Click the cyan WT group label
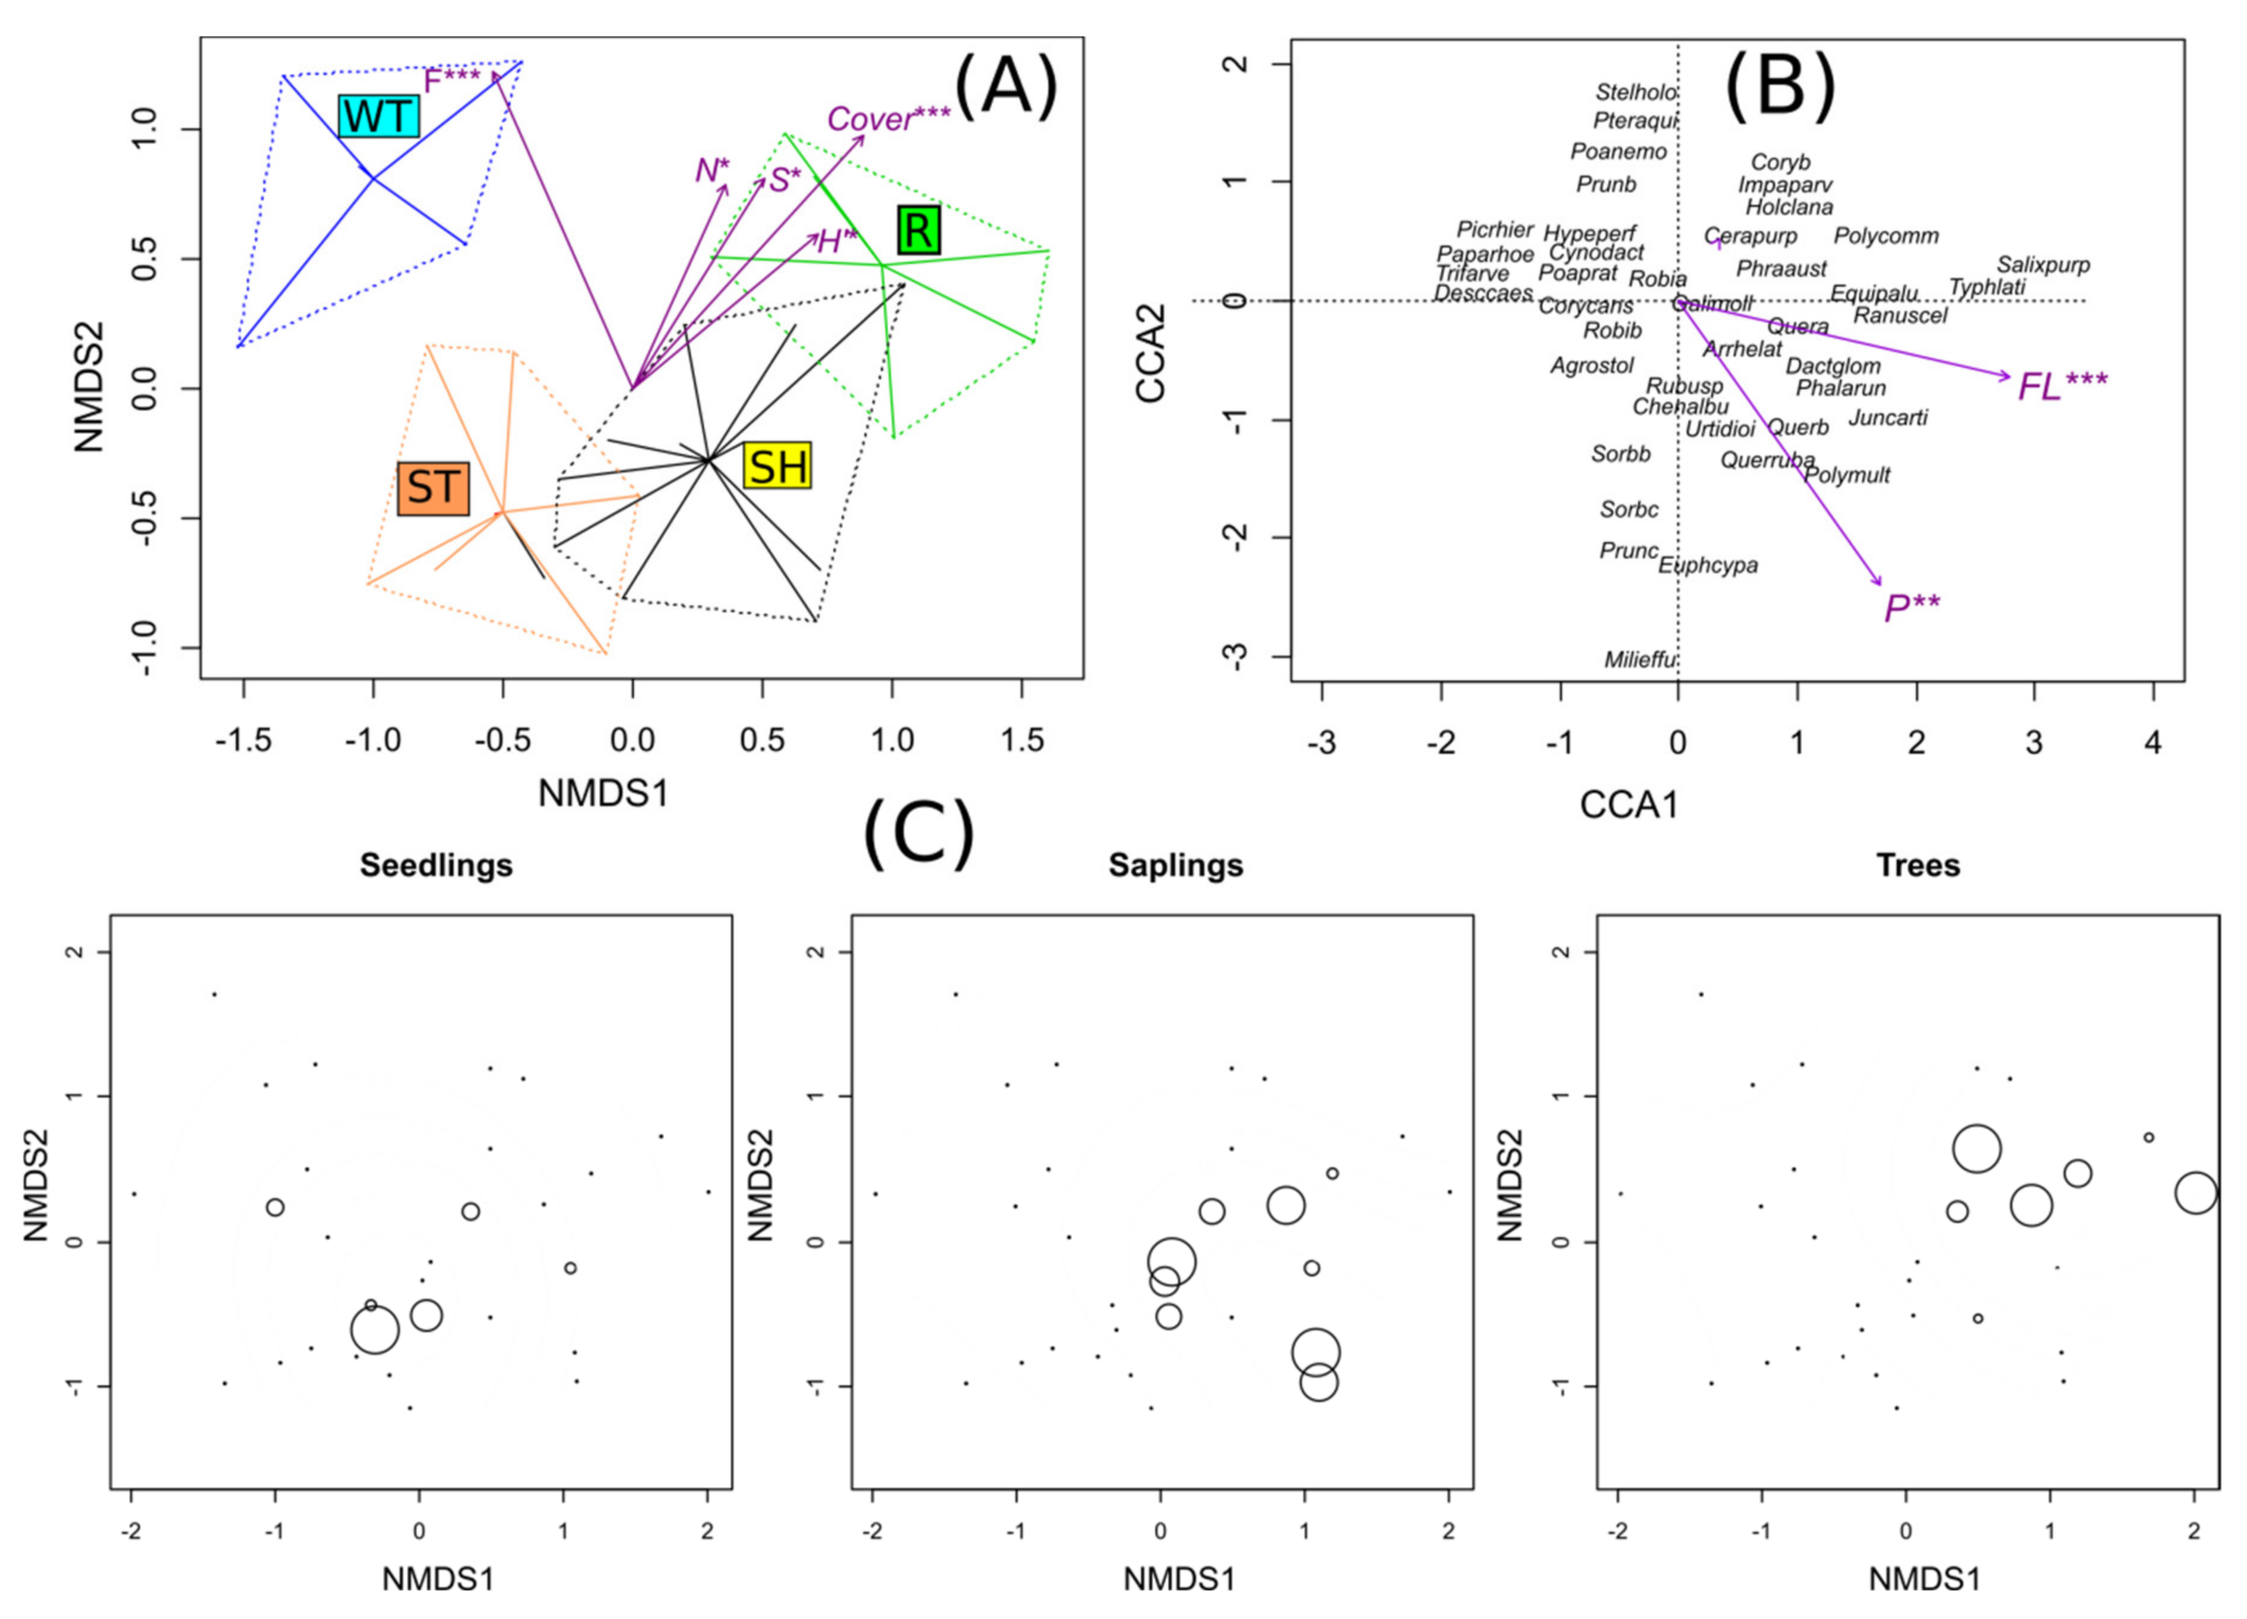point(379,117)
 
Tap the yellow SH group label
point(778,466)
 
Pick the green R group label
point(918,231)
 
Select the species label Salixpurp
point(2043,265)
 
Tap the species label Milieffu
point(1641,659)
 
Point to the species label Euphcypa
point(1708,566)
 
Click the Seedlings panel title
point(436,865)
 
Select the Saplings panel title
point(1176,865)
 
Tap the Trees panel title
point(1918,865)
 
